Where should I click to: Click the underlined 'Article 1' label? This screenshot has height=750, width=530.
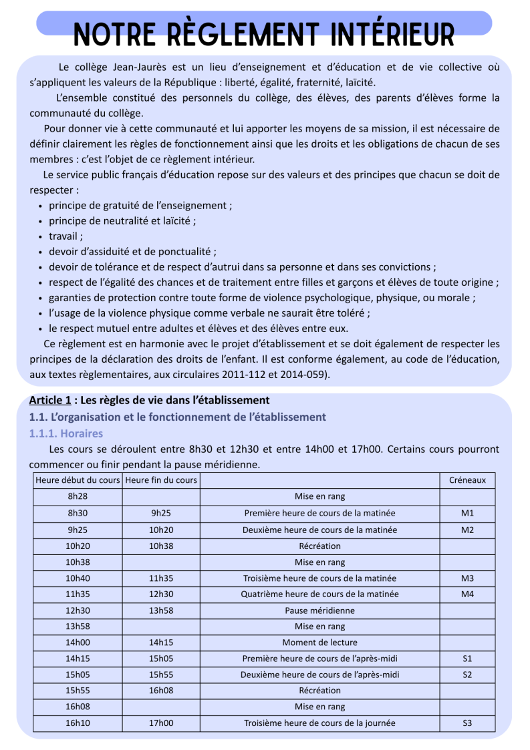click(50, 400)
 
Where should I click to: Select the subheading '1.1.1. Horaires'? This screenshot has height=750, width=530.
click(66, 433)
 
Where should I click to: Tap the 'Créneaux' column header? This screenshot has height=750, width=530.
click(467, 480)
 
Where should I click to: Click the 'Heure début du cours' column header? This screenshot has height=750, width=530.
click(78, 480)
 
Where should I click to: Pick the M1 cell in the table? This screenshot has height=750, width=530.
click(467, 513)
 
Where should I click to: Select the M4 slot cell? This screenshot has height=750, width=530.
click(467, 594)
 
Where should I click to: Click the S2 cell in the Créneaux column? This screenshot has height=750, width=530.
click(467, 675)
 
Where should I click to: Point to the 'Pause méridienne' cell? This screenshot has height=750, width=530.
click(319, 610)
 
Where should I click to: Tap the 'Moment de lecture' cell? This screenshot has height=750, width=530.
click(319, 642)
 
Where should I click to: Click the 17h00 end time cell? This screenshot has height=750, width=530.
click(161, 723)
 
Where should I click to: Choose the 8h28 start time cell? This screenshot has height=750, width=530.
click(78, 496)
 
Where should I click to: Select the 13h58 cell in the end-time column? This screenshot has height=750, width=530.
click(161, 610)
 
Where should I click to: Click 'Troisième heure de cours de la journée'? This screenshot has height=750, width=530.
click(319, 723)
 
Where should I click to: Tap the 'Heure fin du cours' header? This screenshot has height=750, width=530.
click(161, 480)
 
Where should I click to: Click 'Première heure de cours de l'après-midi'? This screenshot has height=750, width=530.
click(319, 659)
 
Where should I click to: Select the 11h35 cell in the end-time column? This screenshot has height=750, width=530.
click(161, 578)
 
